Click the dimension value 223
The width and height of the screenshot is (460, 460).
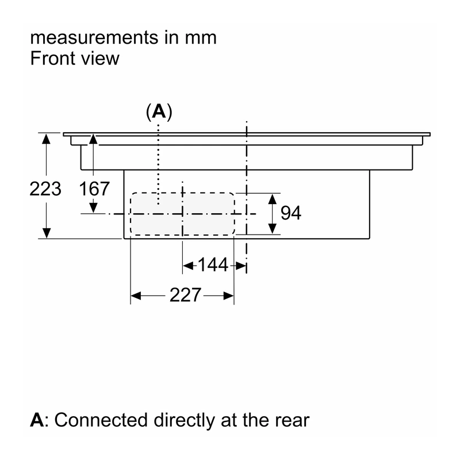coord(45,189)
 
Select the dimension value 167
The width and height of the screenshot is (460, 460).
coord(94,189)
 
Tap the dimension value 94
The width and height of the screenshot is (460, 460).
coord(291,213)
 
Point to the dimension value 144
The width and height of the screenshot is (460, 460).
coord(213,264)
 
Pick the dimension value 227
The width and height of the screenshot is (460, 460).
coord(185,295)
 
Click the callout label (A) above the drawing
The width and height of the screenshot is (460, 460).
coord(159,112)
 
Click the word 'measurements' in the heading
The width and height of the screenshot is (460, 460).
coord(94,38)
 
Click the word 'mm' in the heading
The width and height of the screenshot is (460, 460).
coord(201,38)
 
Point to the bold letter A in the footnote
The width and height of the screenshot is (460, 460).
coord(37,420)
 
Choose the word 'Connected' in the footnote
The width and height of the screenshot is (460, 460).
coord(101,420)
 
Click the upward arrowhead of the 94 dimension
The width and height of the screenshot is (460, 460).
coord(273,199)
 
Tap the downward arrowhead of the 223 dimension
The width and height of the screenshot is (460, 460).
coord(47,233)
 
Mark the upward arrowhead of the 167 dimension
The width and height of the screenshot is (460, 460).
coord(93,139)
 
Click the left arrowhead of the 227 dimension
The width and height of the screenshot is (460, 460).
coord(136,296)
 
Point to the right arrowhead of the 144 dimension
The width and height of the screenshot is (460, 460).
coord(241,266)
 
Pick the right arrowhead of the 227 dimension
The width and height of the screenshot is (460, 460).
coord(228,296)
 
